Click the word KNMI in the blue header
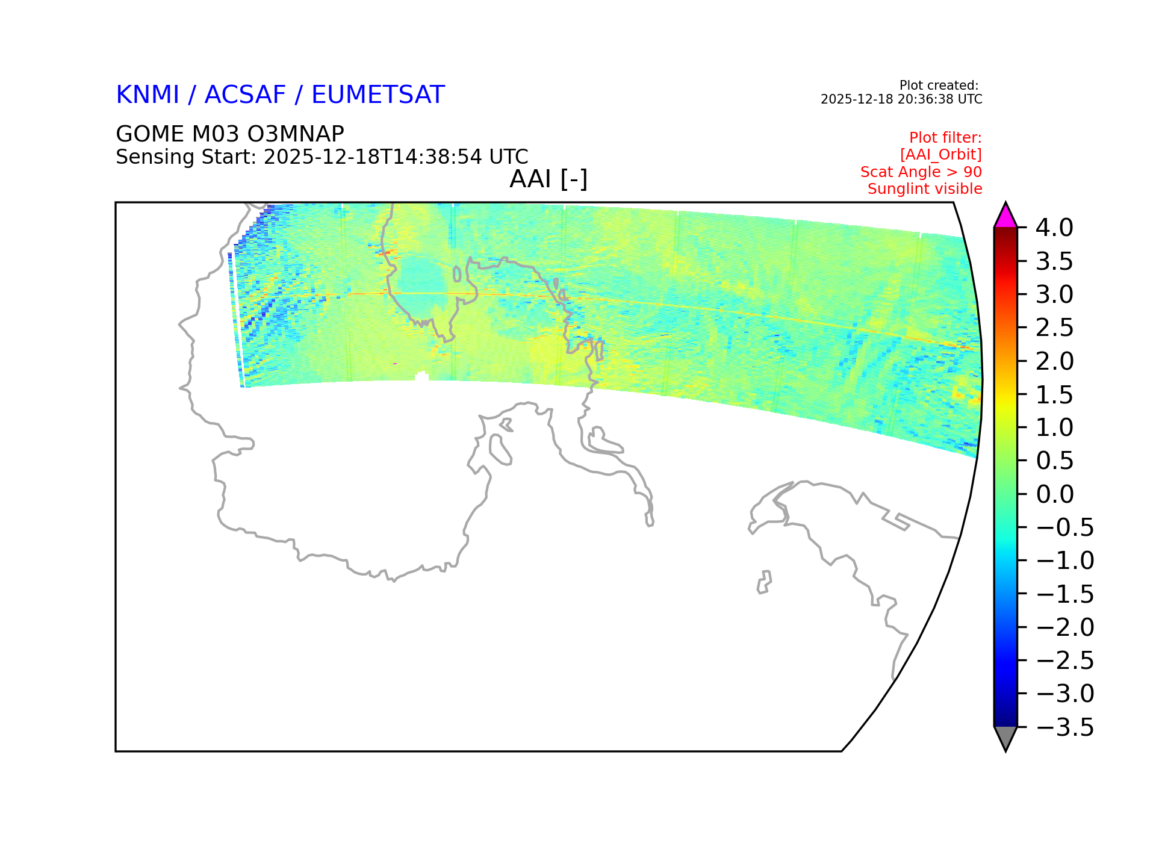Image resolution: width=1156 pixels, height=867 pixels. pos(148,95)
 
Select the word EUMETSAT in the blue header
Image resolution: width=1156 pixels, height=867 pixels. pos(378,95)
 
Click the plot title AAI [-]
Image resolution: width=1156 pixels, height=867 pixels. pos(548,179)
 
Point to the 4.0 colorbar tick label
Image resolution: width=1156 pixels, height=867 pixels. pos(1054,228)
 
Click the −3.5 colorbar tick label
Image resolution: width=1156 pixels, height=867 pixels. pos(1064,727)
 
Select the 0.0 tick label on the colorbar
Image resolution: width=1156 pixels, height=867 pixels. pos(1055,494)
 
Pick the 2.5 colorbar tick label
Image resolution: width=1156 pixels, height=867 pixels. pos(1054,328)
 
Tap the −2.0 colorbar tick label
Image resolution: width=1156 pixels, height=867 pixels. pos(1064,627)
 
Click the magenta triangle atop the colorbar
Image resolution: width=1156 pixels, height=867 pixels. pos(1005,217)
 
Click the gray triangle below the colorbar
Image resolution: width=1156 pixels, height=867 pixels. pos(1005,738)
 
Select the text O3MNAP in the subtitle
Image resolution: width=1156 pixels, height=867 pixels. pos(296,134)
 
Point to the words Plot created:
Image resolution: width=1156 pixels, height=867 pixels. pos(939,85)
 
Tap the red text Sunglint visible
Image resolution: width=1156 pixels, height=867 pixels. pos(925,189)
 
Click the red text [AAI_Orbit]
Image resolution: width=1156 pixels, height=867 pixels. pos(941,155)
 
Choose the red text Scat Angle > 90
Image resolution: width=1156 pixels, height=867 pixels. pos(921,172)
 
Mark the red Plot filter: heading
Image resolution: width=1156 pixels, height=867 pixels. pos(945,138)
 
